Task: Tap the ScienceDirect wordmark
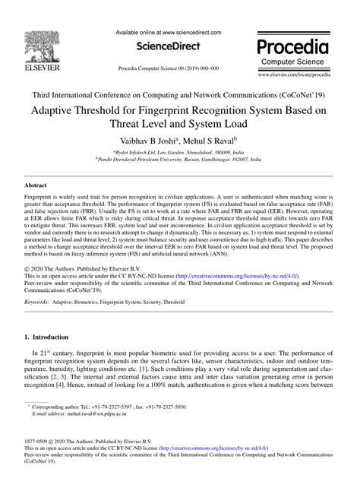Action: (169, 46)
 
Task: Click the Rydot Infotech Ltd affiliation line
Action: (180, 154)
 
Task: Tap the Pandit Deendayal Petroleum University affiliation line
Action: (180, 161)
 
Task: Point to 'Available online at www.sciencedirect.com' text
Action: (169, 33)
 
